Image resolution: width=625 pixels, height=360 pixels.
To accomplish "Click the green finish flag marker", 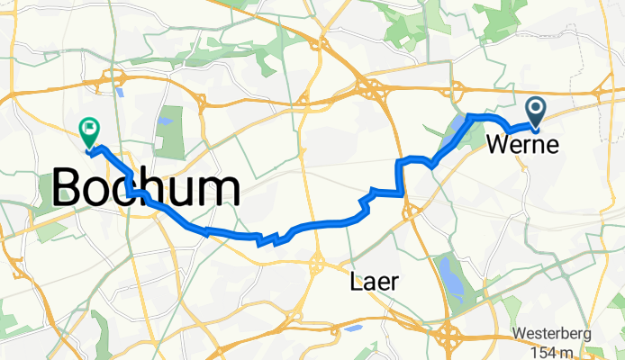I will [x=89, y=133].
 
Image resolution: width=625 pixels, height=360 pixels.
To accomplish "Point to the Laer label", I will [x=370, y=284].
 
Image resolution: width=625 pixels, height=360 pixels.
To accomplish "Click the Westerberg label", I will [x=552, y=334].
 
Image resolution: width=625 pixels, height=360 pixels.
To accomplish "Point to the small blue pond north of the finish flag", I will [x=118, y=90].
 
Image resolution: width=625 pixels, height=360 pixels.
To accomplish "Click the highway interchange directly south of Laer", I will [x=448, y=337].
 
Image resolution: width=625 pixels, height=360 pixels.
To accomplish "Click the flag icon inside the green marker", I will [x=89, y=129].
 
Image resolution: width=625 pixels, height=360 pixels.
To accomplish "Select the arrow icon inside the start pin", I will [x=535, y=110].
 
